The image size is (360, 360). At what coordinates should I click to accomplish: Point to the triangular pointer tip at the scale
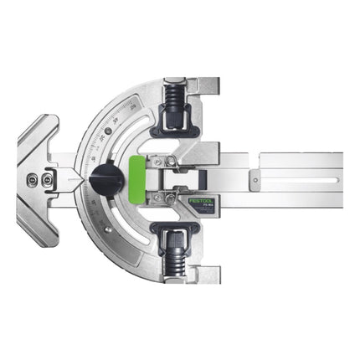pos(77,178)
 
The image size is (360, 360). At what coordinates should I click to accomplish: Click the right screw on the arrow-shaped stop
pos(47,178)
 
